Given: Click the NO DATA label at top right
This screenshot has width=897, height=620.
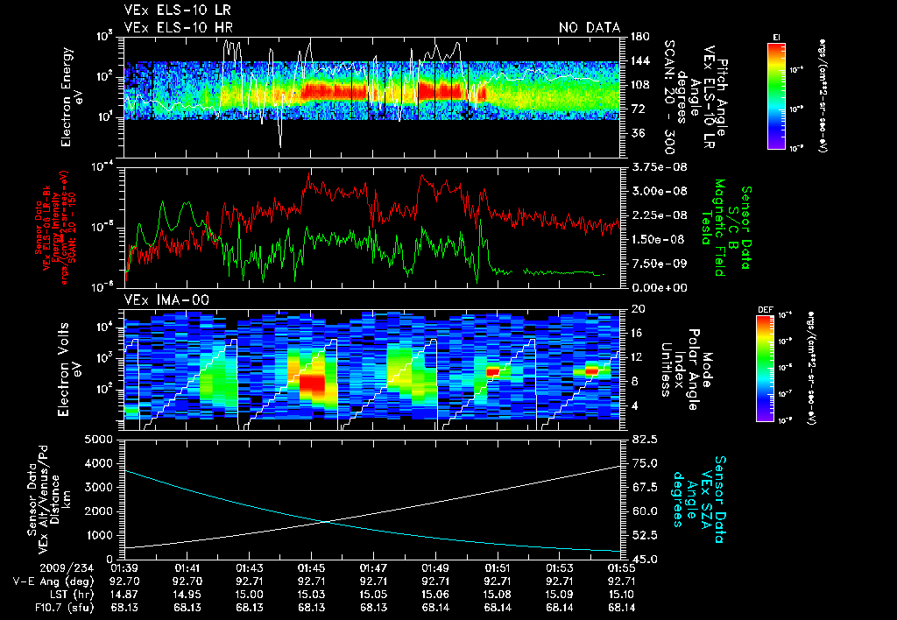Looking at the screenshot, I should tap(590, 28).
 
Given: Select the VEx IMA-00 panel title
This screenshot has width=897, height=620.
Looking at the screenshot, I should tap(159, 299).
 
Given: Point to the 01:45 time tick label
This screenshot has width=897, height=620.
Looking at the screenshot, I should tap(312, 567).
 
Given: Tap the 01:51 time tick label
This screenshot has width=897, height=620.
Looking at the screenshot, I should tap(498, 567).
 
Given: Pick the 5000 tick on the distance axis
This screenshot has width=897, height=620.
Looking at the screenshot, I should tap(102, 439).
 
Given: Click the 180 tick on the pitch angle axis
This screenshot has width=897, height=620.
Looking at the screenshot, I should tap(638, 37).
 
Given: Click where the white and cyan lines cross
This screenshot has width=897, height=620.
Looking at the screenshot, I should tap(327, 522).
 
